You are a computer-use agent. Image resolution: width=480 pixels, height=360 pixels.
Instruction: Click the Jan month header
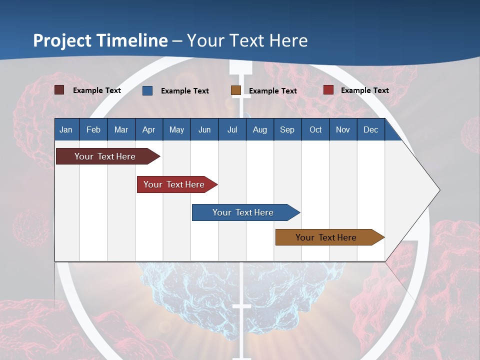tap(66, 129)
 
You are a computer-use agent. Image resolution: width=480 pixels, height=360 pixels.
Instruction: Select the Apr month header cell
tap(149, 129)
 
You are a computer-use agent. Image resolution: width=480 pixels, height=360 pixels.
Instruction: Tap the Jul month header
tap(232, 129)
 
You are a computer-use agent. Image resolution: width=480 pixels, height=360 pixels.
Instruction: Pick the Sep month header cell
tap(287, 129)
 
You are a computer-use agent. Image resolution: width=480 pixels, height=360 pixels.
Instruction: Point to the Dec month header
tap(370, 129)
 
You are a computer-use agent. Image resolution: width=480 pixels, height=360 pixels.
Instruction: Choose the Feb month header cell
tap(93, 129)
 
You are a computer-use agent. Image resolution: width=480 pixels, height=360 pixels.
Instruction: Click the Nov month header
tap(343, 129)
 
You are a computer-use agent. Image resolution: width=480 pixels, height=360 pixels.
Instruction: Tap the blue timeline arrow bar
tap(243, 212)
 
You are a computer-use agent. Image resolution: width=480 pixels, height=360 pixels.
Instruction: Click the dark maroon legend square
tap(59, 90)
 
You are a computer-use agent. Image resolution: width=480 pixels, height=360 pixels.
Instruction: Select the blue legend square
tap(147, 90)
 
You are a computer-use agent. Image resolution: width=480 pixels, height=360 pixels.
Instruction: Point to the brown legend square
tap(236, 90)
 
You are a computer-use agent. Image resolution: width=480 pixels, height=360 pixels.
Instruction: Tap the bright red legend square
tap(328, 90)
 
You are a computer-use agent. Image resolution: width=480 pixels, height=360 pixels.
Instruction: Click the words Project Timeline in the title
tap(100, 40)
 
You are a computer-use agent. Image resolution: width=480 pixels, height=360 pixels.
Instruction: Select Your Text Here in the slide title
tap(247, 40)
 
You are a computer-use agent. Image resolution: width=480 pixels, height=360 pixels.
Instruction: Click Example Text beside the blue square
tap(185, 91)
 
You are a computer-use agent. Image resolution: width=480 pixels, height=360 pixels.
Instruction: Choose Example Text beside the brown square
tap(273, 91)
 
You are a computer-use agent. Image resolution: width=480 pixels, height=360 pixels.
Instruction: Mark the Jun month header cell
tap(204, 129)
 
